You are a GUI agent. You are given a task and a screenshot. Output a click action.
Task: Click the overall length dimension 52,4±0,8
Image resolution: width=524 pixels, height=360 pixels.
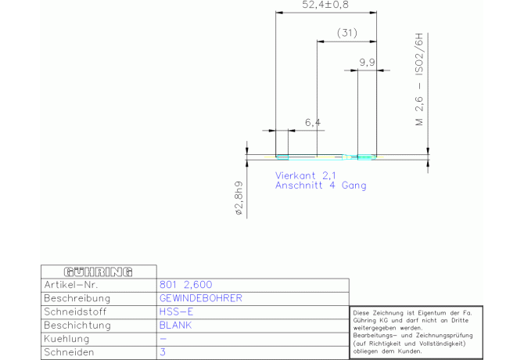pos(325,5)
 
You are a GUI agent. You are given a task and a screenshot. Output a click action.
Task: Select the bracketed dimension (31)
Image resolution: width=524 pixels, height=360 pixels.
pos(347,33)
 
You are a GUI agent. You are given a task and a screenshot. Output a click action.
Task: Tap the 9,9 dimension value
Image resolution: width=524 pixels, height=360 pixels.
pos(367,62)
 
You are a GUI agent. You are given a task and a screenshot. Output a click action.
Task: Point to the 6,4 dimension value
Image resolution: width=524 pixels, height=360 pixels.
pos(313,122)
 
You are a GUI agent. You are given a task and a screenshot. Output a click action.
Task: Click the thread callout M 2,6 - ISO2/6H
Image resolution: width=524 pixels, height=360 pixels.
pos(419,79)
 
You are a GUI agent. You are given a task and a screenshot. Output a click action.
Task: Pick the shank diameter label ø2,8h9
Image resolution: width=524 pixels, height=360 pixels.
pos(239,198)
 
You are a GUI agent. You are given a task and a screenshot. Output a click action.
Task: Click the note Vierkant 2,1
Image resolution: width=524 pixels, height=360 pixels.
pos(306,175)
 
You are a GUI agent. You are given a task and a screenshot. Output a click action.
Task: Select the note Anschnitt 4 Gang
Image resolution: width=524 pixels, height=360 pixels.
pos(321,185)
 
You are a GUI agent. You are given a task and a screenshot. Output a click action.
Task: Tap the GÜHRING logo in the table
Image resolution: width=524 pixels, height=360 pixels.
pos(99,272)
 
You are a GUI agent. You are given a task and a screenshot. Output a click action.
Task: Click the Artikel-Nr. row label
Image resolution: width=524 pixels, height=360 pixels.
pos(71,285)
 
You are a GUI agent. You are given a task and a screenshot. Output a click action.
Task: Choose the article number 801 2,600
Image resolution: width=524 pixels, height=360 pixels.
pos(185,285)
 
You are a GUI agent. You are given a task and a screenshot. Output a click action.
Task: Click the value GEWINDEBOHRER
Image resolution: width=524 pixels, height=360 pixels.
pos(200,298)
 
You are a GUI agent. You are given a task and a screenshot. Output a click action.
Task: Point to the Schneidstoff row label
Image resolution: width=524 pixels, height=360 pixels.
pos(75,311)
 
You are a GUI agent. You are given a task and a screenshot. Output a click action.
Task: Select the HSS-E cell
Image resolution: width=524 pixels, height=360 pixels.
pos(176,311)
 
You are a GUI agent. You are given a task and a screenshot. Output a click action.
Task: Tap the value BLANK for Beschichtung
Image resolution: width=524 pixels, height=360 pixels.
pos(175,326)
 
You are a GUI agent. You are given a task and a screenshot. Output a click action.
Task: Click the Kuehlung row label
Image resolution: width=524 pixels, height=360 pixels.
pos(66,339)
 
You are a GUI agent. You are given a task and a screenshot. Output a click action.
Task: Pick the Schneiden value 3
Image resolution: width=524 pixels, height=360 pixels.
pos(163,352)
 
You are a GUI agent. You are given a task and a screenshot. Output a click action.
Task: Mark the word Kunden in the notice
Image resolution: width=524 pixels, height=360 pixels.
pos(410,351)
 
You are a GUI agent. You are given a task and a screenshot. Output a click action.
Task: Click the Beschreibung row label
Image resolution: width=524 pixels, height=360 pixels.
pos(77,298)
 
